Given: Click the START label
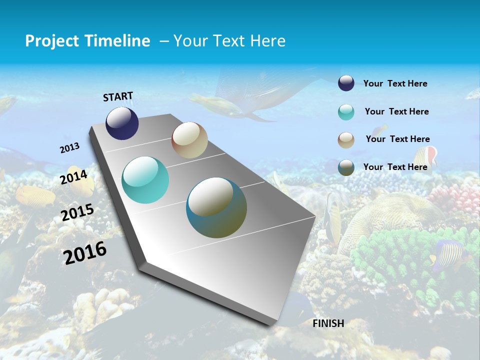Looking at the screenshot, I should coord(118,96).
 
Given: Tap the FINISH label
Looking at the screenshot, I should coord(328,323).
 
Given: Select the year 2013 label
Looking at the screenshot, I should coord(69,148).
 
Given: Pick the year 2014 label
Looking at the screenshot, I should coord(74,177).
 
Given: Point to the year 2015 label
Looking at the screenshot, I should coord(77,212).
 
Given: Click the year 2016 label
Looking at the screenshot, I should coord(85,252).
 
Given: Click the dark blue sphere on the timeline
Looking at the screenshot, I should coord(122,123).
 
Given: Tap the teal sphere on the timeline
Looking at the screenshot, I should coord(145,180).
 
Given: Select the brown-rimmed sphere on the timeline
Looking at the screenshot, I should coord(189,140).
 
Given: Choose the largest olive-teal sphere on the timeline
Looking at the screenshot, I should coord(216,207).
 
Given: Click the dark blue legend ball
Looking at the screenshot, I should coord(346,83).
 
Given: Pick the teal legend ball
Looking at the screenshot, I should coord(346,112).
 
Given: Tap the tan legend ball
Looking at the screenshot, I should coord(346,140).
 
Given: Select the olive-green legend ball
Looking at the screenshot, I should coord(346,167).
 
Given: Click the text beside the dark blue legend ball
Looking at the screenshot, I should coord(395,83).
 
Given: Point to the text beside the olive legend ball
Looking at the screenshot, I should coord(395,167).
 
